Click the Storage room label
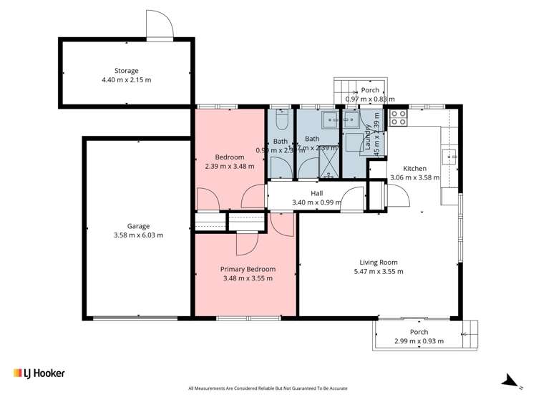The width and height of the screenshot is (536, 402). point(126,71)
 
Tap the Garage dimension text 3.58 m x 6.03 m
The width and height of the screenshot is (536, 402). point(138,235)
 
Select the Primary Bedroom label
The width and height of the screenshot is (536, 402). point(248,269)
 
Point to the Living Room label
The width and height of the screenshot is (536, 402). point(379,262)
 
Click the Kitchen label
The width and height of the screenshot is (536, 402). point(414,169)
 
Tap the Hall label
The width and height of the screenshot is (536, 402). point(317,193)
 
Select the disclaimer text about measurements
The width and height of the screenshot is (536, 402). point(268,388)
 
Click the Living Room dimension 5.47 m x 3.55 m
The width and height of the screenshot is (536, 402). point(379,271)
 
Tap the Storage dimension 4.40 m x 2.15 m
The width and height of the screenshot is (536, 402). point(126,80)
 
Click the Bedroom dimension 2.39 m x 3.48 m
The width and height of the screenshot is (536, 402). point(230,166)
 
